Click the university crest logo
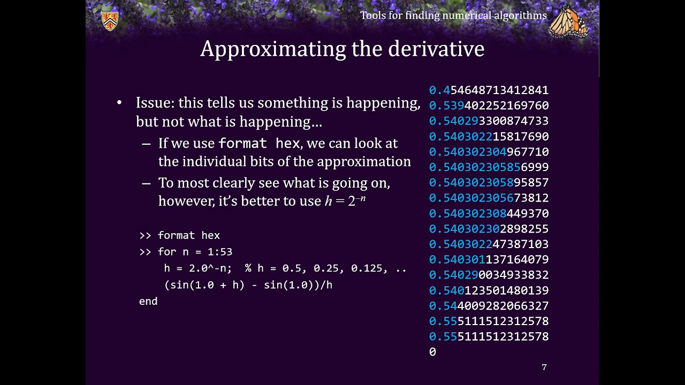point(110,21)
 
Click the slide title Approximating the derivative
point(342,49)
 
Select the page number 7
point(544,367)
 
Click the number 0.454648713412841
point(489,90)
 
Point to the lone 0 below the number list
point(432,352)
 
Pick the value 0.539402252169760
point(489,106)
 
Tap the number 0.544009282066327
point(489,306)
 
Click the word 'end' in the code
point(148,301)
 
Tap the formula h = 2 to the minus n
point(345,201)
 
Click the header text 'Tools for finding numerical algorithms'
point(453,16)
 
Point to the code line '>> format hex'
point(179,235)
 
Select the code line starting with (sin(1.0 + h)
point(248,285)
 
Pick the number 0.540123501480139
point(489,290)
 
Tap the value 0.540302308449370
point(489,213)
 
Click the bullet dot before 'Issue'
point(119,103)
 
